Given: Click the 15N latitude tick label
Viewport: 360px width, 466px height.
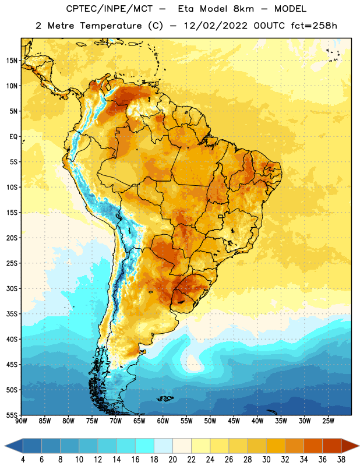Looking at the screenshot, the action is (12, 61).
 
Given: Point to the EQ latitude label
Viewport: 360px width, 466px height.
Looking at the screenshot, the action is (13, 137).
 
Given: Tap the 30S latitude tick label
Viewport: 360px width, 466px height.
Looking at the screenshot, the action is (12, 288).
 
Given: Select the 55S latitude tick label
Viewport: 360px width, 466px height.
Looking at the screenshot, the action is (12, 415).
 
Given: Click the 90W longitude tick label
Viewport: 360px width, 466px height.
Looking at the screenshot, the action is (21, 421).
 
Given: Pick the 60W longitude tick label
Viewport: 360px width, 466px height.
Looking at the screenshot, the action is (163, 421).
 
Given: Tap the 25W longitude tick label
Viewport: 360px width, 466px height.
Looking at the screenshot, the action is (328, 421).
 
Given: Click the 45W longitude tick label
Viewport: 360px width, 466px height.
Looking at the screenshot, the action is (234, 421).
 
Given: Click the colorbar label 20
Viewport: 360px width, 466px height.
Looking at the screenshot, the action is (172, 460).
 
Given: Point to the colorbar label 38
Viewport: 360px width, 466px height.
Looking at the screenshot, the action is (341, 460).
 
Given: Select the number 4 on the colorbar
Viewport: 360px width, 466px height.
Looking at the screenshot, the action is (23, 460).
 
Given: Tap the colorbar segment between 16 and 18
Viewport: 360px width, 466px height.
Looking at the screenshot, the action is (145, 446).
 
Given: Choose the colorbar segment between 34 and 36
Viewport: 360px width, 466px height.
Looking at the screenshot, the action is (313, 446).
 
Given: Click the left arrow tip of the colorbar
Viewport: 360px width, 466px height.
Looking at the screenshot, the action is (5, 446).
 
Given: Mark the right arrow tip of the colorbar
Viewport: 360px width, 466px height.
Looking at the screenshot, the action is (359, 446).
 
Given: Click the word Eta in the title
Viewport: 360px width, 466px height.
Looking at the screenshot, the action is (186, 9).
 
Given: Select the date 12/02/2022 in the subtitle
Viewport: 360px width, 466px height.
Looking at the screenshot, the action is (216, 26).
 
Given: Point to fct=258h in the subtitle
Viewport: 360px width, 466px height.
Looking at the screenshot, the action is (314, 26).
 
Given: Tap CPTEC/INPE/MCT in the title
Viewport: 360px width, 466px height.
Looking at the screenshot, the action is (109, 9).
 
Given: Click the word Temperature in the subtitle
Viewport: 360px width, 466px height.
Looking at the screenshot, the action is (111, 26).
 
